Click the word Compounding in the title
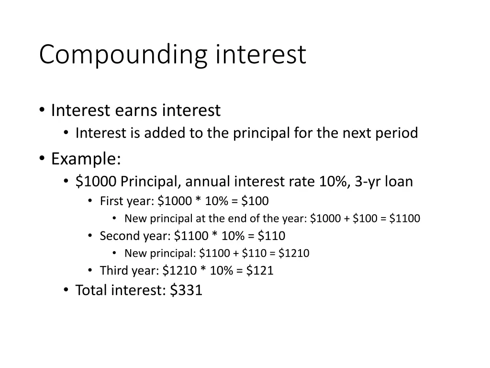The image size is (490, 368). (x=123, y=55)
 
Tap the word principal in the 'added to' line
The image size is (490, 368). (x=261, y=133)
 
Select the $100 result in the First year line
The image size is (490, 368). (x=255, y=201)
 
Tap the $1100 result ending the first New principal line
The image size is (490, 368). (x=405, y=218)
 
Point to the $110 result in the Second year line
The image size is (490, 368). (x=271, y=236)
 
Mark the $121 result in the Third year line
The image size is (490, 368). (x=260, y=271)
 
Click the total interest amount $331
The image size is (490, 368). (x=186, y=290)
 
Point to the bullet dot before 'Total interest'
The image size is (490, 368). (x=66, y=290)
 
